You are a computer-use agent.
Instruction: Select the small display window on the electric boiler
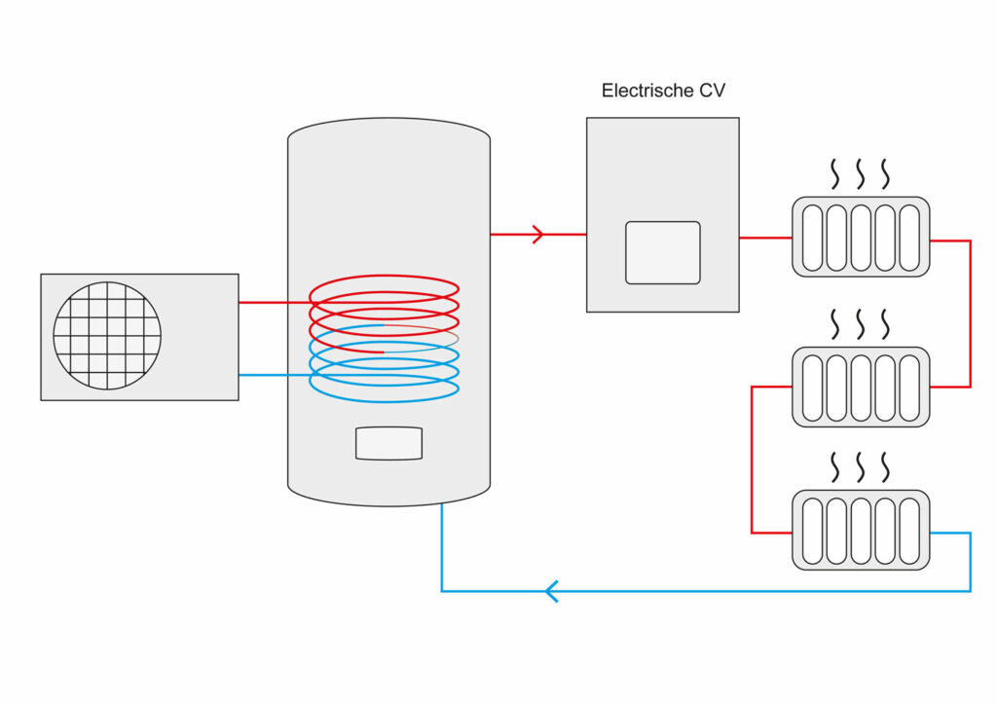[662, 252]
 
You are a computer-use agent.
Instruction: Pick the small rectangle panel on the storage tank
[388, 443]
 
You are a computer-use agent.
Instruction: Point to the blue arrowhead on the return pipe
[551, 591]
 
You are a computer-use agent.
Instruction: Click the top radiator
[861, 237]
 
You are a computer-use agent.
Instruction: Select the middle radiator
[861, 386]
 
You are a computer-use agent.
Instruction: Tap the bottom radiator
[861, 530]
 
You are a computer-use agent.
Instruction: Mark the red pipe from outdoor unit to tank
[273, 303]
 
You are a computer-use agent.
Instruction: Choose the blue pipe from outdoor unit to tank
[273, 375]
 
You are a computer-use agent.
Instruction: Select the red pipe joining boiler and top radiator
[765, 238]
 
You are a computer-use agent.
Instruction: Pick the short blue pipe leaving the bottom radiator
[949, 533]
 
